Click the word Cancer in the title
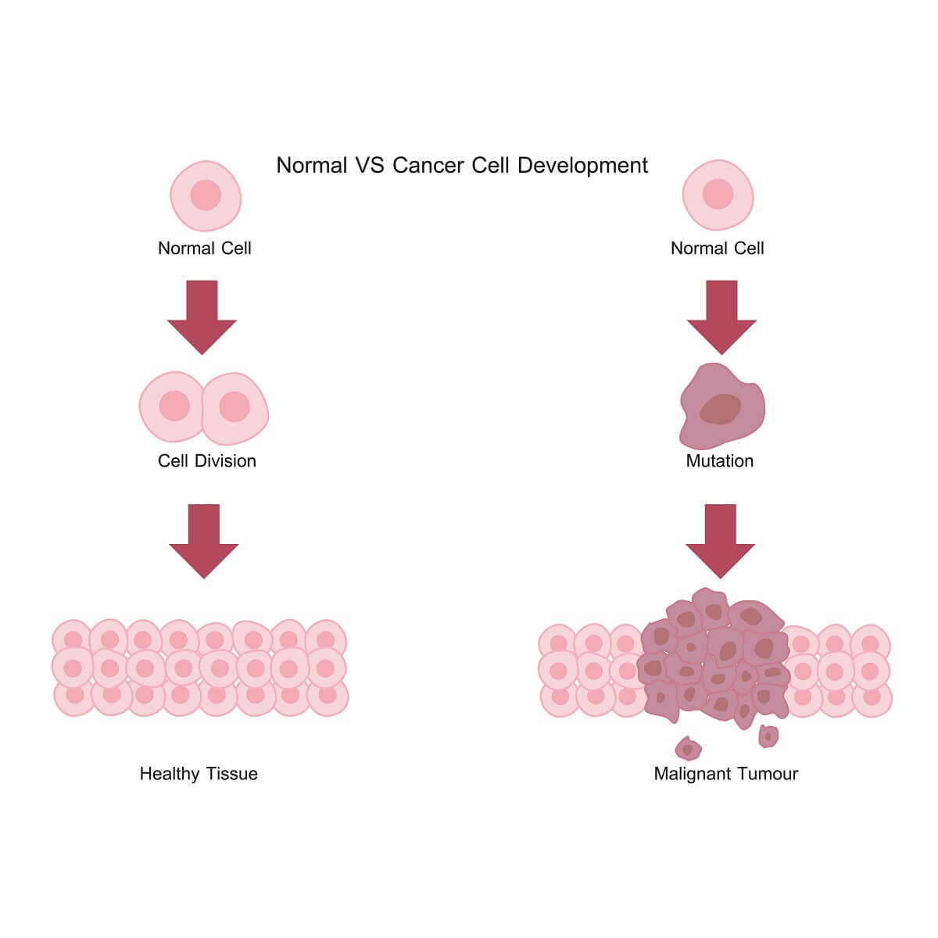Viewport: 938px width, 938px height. (x=428, y=166)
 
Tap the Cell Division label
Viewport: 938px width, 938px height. (x=207, y=461)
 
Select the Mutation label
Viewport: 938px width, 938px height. (x=719, y=461)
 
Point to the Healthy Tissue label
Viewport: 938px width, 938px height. (x=199, y=774)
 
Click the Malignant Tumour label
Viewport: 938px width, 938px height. (x=725, y=774)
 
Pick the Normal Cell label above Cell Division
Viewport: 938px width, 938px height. (x=205, y=249)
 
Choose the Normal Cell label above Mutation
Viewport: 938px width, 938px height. (x=717, y=249)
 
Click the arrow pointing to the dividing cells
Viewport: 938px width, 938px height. (x=202, y=316)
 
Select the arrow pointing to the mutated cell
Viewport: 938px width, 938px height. (x=721, y=316)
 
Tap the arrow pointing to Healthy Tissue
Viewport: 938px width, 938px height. (x=204, y=539)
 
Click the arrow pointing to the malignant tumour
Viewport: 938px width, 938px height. (x=721, y=539)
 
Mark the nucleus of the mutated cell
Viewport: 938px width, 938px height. (x=720, y=409)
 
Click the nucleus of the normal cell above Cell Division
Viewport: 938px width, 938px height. (x=206, y=195)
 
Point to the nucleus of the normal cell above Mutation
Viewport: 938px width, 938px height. (x=718, y=194)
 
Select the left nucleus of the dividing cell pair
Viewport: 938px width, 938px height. (x=174, y=406)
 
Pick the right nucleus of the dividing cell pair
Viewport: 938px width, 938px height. (x=234, y=407)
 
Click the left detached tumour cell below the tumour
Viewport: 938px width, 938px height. (x=688, y=749)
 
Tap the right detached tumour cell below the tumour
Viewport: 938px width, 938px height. (x=768, y=736)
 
